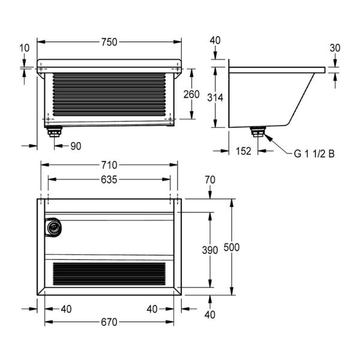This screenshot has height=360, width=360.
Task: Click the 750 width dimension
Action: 109,41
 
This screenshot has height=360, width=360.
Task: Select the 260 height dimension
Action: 191,94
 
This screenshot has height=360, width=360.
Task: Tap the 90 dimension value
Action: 75,145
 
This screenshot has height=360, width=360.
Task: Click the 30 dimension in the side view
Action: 334,48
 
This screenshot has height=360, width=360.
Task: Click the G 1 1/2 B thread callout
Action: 314,153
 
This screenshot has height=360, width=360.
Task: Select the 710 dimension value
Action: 109,165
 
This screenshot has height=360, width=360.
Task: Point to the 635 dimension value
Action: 109,179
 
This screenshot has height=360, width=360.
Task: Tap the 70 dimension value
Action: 209,179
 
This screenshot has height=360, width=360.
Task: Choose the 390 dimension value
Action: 209,250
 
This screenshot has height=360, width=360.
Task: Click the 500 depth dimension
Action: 232,247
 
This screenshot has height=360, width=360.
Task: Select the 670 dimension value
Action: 109,322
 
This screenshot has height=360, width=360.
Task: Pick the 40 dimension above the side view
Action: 215,40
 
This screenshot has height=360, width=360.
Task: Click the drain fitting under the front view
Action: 55,131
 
